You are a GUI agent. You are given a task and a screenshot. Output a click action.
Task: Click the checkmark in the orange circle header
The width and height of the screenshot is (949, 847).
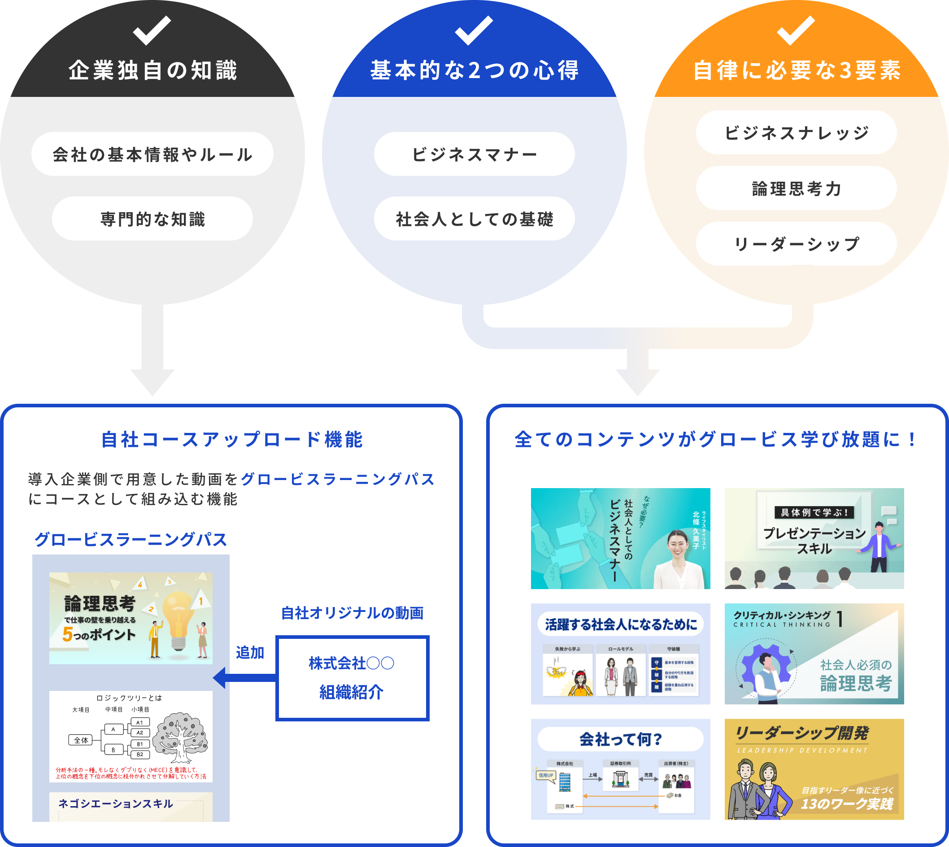point(796,30)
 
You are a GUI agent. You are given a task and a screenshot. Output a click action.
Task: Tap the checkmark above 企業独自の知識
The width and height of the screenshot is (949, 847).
point(152,30)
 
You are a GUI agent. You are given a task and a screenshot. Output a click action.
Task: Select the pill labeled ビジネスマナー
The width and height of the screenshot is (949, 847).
point(474,154)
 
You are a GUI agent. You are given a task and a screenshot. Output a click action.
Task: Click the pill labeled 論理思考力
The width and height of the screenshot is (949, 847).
point(796,188)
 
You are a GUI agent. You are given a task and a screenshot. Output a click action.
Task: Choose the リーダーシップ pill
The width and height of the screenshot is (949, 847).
point(796,244)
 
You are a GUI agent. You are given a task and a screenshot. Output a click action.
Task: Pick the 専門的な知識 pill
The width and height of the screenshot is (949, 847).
point(152,219)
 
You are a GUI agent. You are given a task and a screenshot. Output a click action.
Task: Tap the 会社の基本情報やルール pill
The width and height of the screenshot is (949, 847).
point(152,154)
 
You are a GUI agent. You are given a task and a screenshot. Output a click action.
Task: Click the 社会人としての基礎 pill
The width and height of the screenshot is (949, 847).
point(474,219)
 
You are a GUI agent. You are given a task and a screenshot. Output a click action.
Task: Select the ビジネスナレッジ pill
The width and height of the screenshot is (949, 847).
point(796,133)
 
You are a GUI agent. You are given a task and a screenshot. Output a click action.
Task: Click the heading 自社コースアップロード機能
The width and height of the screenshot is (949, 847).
point(232,439)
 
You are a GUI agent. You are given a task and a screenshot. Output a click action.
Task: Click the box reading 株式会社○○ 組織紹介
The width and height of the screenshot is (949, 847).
point(352,677)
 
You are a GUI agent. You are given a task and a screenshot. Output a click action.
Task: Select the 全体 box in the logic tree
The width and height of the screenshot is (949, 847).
point(81,740)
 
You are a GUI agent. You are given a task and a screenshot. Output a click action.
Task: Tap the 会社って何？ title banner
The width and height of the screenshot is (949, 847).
point(620,739)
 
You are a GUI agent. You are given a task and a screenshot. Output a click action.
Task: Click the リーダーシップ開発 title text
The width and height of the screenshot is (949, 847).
point(801,733)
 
